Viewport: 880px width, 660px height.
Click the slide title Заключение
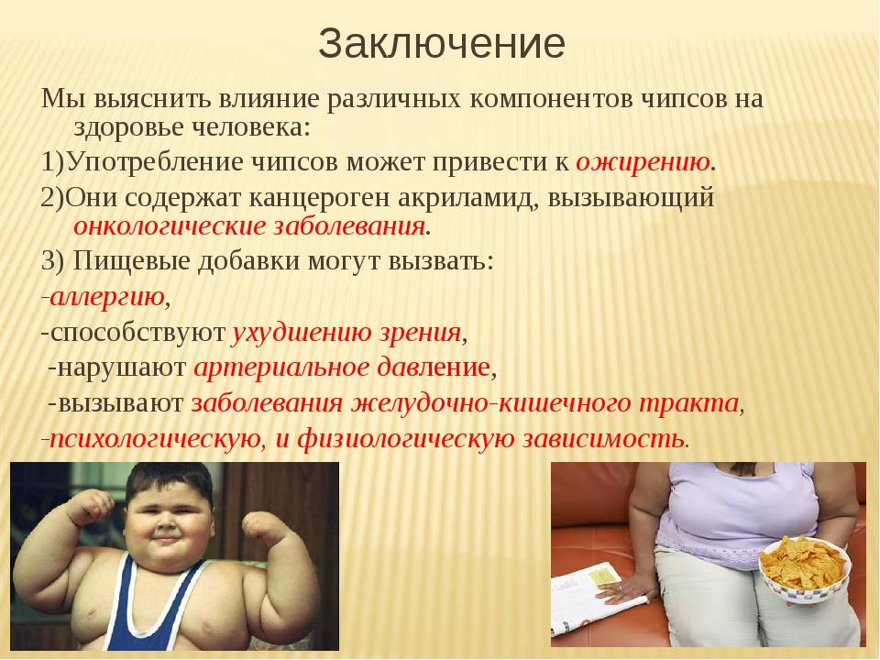point(441,44)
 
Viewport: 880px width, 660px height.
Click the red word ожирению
point(643,163)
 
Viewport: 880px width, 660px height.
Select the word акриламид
point(467,198)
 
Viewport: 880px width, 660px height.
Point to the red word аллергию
point(107,297)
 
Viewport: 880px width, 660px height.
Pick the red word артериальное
point(281,368)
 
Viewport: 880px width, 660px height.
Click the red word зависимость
point(603,439)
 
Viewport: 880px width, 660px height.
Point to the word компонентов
point(551,99)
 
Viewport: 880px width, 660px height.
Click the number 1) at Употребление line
point(53,163)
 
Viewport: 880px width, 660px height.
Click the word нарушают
point(122,368)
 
